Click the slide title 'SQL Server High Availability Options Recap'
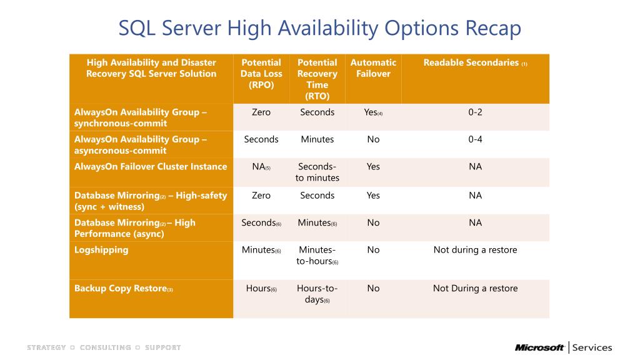(x=320, y=28)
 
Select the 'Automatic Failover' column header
(x=373, y=68)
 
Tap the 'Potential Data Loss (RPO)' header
(x=261, y=74)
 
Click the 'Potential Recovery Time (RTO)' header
(x=317, y=79)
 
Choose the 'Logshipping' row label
(x=101, y=250)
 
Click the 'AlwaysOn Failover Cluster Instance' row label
(x=151, y=167)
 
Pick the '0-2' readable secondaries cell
(x=475, y=112)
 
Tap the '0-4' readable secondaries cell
(x=475, y=139)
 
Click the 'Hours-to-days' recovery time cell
(x=317, y=294)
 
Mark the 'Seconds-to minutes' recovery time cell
(x=317, y=172)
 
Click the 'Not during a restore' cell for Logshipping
(x=475, y=250)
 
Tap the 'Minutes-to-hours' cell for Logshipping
(x=317, y=256)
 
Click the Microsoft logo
(x=540, y=347)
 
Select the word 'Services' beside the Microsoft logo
(x=592, y=347)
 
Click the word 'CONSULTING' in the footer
(x=105, y=347)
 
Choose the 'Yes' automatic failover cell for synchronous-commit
(x=372, y=112)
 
